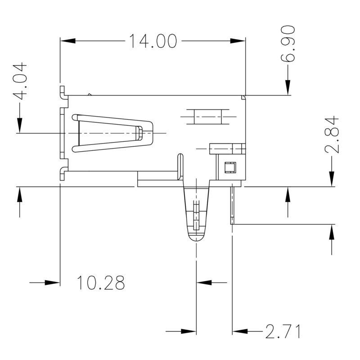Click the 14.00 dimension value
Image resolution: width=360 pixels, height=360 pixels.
153,41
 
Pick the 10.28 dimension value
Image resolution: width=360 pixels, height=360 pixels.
100,283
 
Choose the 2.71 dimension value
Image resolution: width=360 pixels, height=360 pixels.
282,332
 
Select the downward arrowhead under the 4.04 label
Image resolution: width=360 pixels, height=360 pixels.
19,125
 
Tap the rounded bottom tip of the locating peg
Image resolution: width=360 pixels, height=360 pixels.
197,238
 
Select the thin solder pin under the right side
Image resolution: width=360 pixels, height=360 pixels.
232,205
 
